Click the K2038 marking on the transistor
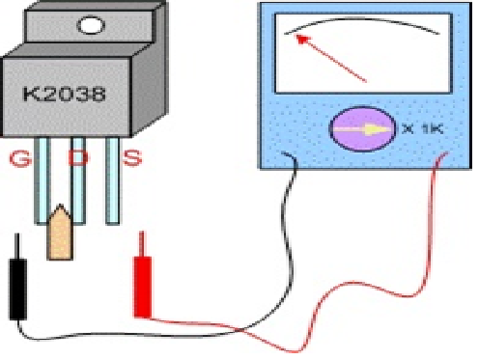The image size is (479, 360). [65, 94]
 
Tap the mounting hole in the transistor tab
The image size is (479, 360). [91, 25]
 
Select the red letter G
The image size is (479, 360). [20, 158]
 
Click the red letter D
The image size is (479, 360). [78, 157]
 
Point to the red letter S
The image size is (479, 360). [132, 158]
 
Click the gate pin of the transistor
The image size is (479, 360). [42, 180]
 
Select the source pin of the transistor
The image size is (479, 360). [113, 180]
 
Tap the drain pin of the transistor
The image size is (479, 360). [78, 180]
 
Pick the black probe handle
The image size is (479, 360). [18, 290]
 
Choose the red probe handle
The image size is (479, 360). [142, 287]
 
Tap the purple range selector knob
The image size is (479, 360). [363, 128]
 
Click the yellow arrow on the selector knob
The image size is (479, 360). [363, 129]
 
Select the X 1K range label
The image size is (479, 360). [423, 129]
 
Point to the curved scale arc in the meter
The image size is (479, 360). [362, 18]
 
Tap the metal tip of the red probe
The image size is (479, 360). [141, 243]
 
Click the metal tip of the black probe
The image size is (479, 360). [17, 246]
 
